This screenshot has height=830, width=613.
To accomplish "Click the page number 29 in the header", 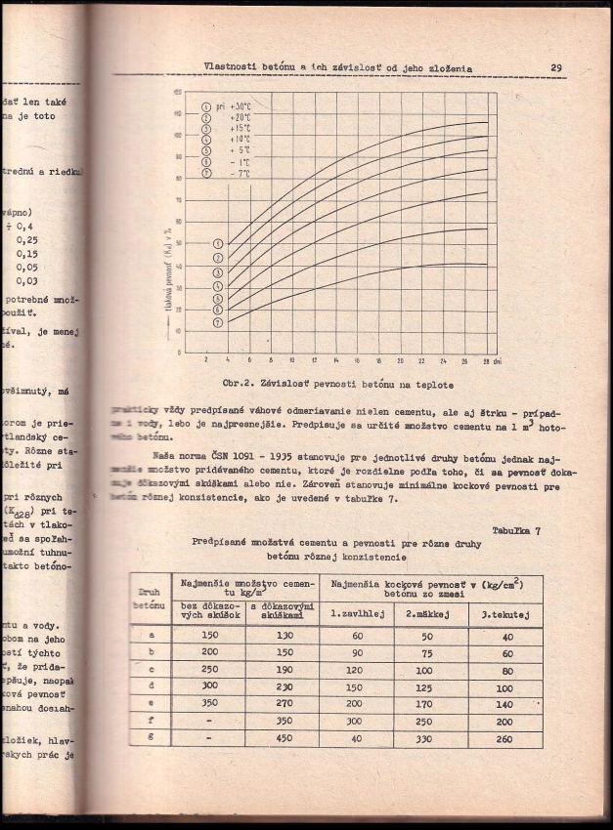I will click(554, 68).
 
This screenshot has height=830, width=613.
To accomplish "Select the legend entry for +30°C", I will click(226, 104).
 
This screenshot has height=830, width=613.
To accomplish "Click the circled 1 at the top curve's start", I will click(218, 244).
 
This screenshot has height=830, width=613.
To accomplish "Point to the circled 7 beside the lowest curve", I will click(218, 321).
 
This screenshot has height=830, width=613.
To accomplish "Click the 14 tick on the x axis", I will click(335, 359).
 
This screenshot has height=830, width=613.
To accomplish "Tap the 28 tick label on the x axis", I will click(486, 359).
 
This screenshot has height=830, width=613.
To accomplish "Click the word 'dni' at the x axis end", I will click(499, 359).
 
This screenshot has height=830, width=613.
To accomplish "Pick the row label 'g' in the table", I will click(150, 738).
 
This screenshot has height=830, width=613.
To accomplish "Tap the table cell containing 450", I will click(284, 738).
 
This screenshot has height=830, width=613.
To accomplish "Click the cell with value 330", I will click(424, 738).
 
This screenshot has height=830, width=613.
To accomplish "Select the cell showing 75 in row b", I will click(424, 652).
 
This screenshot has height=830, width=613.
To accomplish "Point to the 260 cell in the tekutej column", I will click(504, 738).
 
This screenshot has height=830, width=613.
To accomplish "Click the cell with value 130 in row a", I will click(284, 635).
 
